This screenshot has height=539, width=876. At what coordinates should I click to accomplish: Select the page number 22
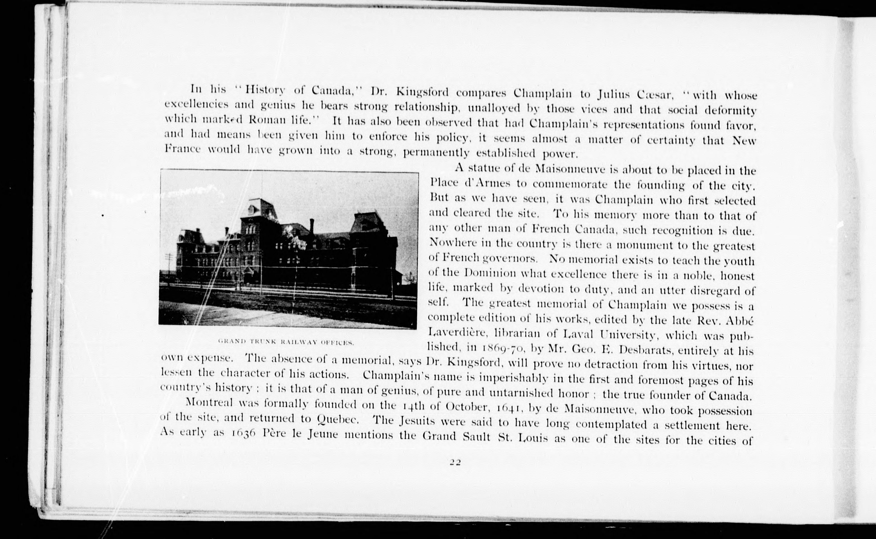(x=455, y=462)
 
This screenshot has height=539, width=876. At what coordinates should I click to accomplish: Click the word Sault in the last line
(x=476, y=437)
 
